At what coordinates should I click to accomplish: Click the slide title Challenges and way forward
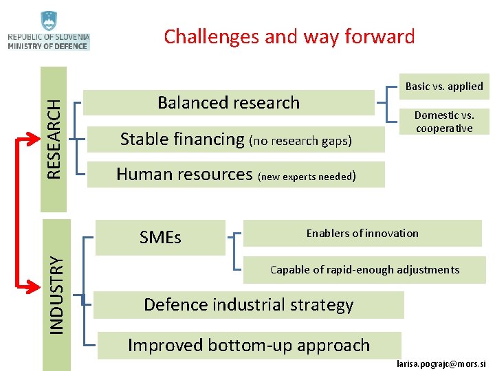click(x=289, y=36)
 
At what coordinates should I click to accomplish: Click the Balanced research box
click(x=229, y=102)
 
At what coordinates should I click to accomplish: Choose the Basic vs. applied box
click(x=444, y=87)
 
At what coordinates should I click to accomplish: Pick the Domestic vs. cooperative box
click(x=444, y=122)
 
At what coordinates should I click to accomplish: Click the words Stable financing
click(x=182, y=139)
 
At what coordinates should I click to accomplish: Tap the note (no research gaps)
click(x=300, y=142)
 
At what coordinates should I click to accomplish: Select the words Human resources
click(x=184, y=175)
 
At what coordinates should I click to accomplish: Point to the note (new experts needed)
click(x=307, y=177)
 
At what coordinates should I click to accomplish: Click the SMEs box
click(x=160, y=238)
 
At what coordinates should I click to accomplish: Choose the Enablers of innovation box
click(x=362, y=234)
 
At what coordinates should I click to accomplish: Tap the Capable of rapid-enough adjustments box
click(x=364, y=269)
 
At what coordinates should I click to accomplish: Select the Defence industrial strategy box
click(x=248, y=304)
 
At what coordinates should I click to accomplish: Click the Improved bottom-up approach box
click(x=248, y=345)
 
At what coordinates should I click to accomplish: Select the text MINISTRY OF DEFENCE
click(x=48, y=46)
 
